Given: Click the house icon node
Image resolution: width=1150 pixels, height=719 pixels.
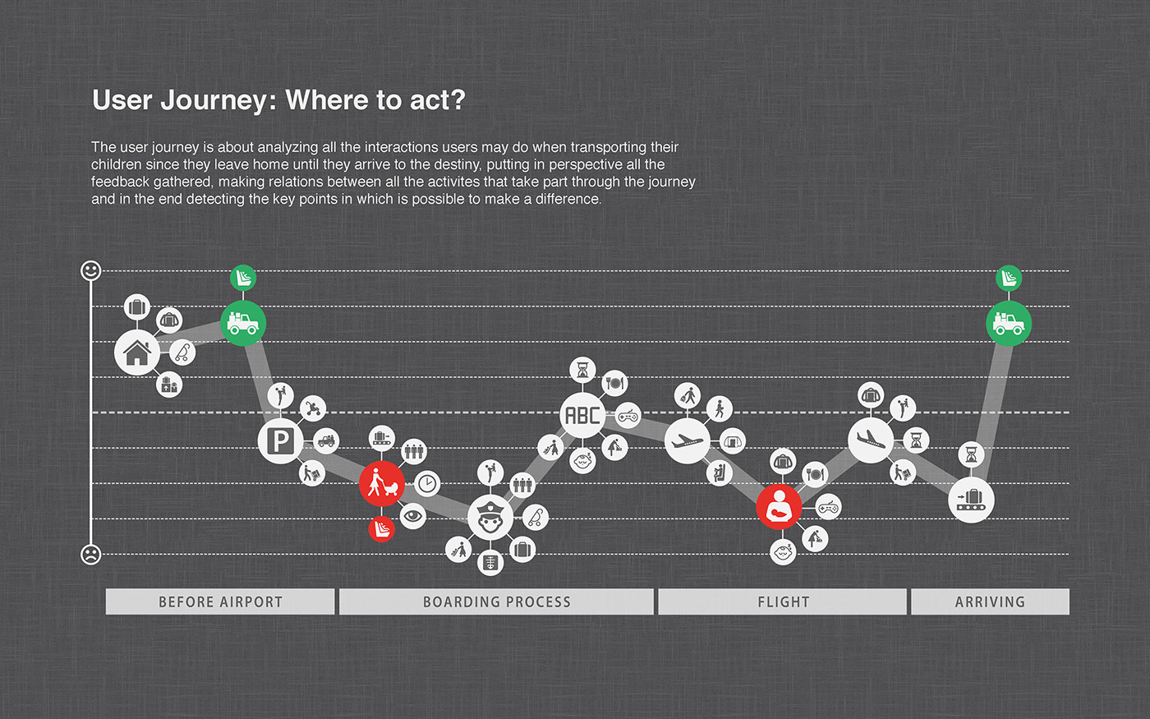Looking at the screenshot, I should [x=137, y=353].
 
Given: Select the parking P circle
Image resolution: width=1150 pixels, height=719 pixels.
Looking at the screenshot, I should [x=281, y=442].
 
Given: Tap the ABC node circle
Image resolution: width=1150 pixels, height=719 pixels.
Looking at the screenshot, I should [x=582, y=416].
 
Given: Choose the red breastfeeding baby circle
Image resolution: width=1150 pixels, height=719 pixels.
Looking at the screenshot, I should [x=779, y=507].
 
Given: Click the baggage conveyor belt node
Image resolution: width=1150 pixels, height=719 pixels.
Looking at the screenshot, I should [x=971, y=499].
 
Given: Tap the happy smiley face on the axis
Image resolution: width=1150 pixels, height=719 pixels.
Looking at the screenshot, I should [x=91, y=270].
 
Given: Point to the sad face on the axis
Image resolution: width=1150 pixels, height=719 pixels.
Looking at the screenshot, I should [x=91, y=555].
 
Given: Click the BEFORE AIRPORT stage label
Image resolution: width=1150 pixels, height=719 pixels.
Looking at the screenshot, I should [x=220, y=601].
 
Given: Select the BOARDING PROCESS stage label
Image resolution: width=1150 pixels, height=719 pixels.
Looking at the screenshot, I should [x=496, y=601].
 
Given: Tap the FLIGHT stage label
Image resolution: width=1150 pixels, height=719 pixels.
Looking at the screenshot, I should [x=783, y=601].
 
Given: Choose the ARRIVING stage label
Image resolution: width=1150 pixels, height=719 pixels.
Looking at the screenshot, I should [x=990, y=601].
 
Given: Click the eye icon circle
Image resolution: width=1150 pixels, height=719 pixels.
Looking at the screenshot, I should [x=413, y=516].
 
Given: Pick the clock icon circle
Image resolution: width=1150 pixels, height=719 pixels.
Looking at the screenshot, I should [x=427, y=483].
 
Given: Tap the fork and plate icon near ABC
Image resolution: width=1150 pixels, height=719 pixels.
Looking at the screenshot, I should [x=614, y=382].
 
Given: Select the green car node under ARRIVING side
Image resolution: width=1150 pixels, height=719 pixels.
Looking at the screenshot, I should [x=1008, y=323].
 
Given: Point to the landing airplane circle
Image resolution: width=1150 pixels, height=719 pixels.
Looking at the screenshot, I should [x=871, y=440].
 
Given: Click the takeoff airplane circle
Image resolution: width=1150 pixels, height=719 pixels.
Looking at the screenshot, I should [x=688, y=441].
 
